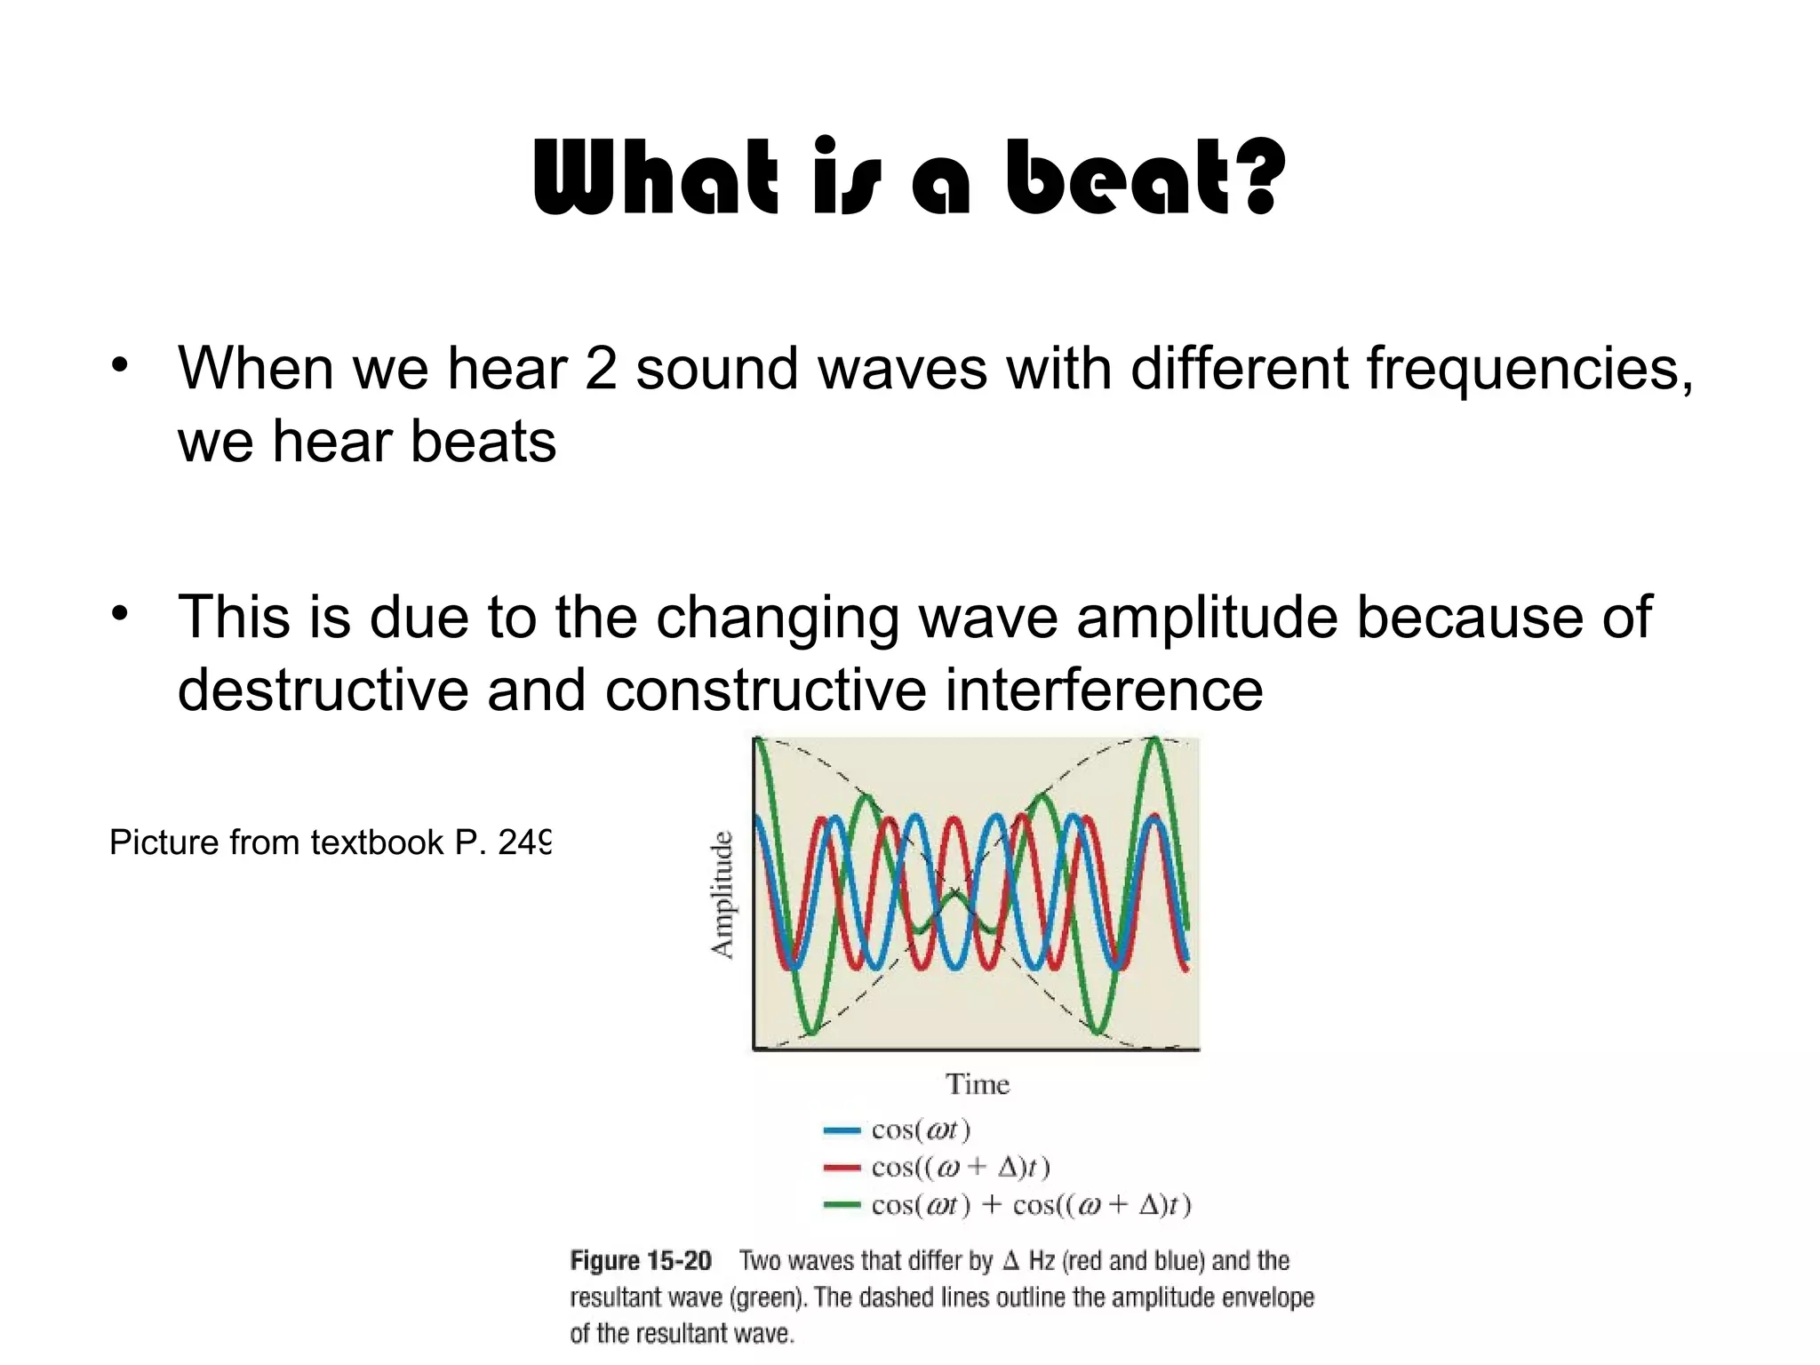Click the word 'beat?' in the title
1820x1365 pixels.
click(x=1145, y=178)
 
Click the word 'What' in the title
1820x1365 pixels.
click(x=655, y=178)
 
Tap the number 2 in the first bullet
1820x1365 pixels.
click(x=601, y=368)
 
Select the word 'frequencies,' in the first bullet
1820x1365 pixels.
click(x=1529, y=368)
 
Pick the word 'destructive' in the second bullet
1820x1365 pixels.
click(x=323, y=690)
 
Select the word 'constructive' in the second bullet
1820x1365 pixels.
click(x=765, y=690)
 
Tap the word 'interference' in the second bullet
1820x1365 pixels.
click(x=1103, y=690)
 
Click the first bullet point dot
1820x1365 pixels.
click(x=121, y=364)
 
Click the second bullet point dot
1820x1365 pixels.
click(x=121, y=614)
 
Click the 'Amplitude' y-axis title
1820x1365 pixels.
click(x=723, y=894)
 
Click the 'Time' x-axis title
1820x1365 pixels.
click(x=977, y=1085)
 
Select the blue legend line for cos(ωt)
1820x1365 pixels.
click(x=842, y=1130)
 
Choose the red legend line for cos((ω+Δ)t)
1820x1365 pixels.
click(x=842, y=1168)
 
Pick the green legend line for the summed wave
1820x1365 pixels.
click(x=842, y=1206)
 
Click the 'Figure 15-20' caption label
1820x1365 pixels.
click(x=640, y=1261)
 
